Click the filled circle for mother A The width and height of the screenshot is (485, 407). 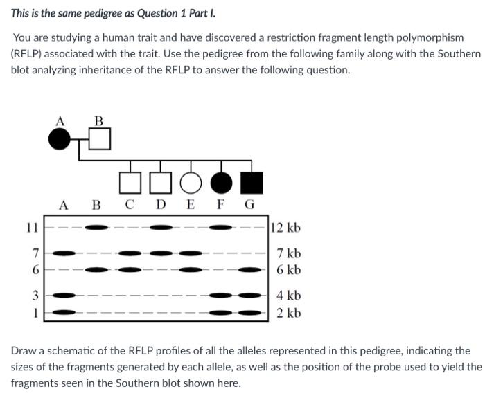point(60,141)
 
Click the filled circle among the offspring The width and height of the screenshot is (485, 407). point(221,182)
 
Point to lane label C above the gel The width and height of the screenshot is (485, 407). point(130,205)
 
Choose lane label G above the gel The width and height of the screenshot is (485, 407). point(250,205)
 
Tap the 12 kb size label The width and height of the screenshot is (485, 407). point(285,228)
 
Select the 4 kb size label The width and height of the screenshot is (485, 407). point(288,296)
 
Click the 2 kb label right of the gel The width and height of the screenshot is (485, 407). point(288,313)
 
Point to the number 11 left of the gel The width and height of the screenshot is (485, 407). point(30,227)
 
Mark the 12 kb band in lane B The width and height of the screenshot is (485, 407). point(96,227)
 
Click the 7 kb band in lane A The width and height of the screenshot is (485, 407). point(64,253)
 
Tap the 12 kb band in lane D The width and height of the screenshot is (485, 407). point(161,227)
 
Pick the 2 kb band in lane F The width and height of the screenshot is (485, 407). point(221,313)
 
